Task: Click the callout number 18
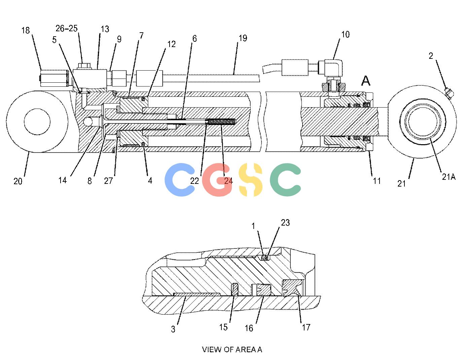click(x=26, y=30)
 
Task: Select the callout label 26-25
click(x=67, y=28)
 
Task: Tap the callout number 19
click(x=243, y=38)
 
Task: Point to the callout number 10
click(x=345, y=34)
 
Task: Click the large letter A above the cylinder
click(x=366, y=81)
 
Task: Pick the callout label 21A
click(x=449, y=177)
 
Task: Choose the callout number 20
click(x=18, y=181)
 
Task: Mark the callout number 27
click(x=108, y=181)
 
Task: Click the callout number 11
click(x=377, y=181)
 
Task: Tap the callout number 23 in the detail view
click(x=285, y=223)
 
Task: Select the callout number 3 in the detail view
click(x=173, y=329)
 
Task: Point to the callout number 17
click(x=306, y=327)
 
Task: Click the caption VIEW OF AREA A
click(x=232, y=350)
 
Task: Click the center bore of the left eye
click(x=37, y=122)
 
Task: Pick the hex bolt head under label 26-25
click(x=84, y=66)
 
